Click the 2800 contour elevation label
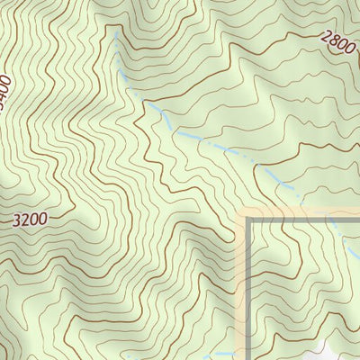[337, 42]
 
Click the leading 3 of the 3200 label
[18, 219]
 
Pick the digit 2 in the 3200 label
[26, 219]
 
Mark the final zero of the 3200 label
[41, 219]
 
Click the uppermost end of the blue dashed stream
[115, 33]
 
